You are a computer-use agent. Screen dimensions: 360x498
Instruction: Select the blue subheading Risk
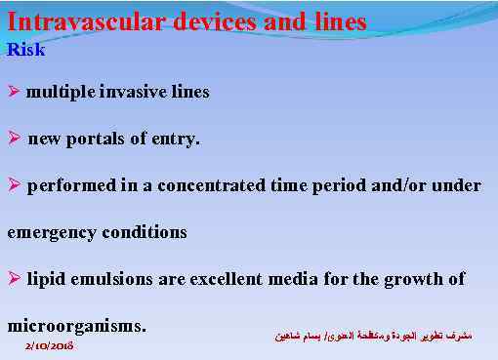tap(25, 49)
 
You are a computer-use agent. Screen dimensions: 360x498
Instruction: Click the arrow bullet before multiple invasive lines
tap(14, 92)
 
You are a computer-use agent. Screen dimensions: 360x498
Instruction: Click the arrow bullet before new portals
tap(14, 139)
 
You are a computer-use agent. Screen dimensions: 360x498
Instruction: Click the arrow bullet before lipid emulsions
tap(14, 279)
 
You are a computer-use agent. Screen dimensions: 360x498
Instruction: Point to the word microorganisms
tap(76, 324)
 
